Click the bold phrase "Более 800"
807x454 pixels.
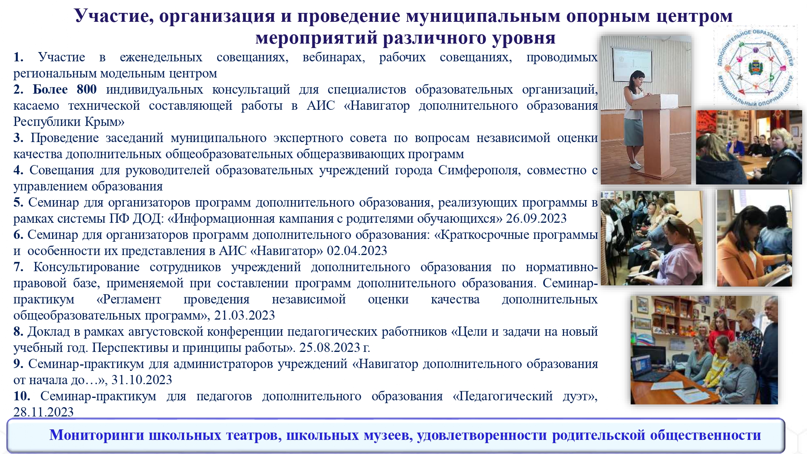pos(65,89)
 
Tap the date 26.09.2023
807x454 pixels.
pos(536,218)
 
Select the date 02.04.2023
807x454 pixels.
pos(357,251)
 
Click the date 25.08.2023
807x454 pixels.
pos(330,347)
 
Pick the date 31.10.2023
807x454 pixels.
pos(142,380)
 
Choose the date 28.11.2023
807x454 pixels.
pos(44,412)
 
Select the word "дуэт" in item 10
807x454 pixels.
pos(578,396)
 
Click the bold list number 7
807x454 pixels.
pos(18,267)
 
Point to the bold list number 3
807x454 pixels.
pos(18,138)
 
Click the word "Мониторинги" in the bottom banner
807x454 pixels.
pos(97,435)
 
